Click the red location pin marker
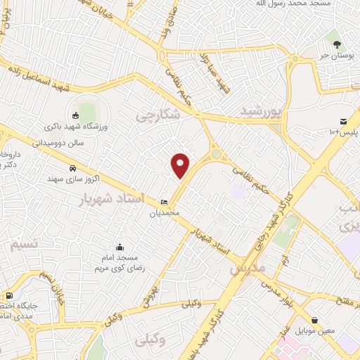point(181,165)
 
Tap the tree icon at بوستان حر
point(337,44)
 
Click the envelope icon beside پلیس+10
point(342,122)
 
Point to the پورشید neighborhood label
point(262,110)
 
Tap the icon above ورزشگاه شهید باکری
point(76,115)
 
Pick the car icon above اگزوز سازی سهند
point(74,168)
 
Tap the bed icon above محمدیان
point(165,202)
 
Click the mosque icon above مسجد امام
point(120,247)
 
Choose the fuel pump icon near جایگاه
point(9,297)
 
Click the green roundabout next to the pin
point(216,154)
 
